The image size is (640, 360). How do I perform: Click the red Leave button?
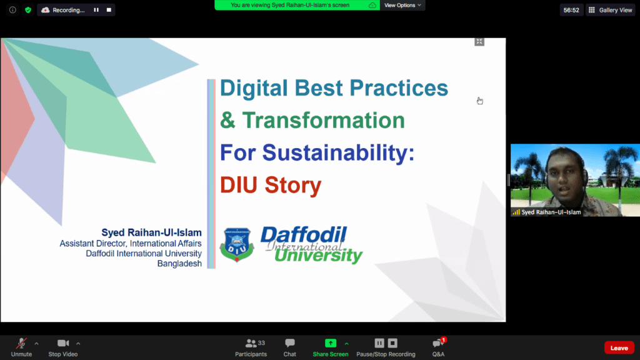click(619, 347)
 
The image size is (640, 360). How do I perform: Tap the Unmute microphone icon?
click(21, 343)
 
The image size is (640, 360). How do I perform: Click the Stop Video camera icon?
click(63, 343)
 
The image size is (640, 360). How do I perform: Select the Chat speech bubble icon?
click(290, 343)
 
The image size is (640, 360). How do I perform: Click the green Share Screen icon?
click(331, 343)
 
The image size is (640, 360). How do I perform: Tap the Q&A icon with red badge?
click(438, 343)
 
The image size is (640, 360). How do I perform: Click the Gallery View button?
click(611, 10)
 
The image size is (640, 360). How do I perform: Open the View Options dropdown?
click(402, 5)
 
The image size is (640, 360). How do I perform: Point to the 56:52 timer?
click(571, 10)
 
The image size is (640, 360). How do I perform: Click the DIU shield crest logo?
click(237, 244)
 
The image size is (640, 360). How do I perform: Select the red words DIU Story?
click(271, 185)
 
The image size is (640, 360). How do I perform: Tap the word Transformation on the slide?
click(323, 121)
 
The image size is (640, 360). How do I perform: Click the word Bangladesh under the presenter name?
click(179, 264)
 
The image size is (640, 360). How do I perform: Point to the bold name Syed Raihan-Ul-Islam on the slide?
click(151, 232)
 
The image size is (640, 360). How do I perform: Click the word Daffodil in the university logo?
click(304, 235)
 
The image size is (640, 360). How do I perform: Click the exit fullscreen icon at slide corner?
click(479, 42)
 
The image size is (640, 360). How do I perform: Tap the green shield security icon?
click(27, 10)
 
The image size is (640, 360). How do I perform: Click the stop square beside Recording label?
click(109, 10)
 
